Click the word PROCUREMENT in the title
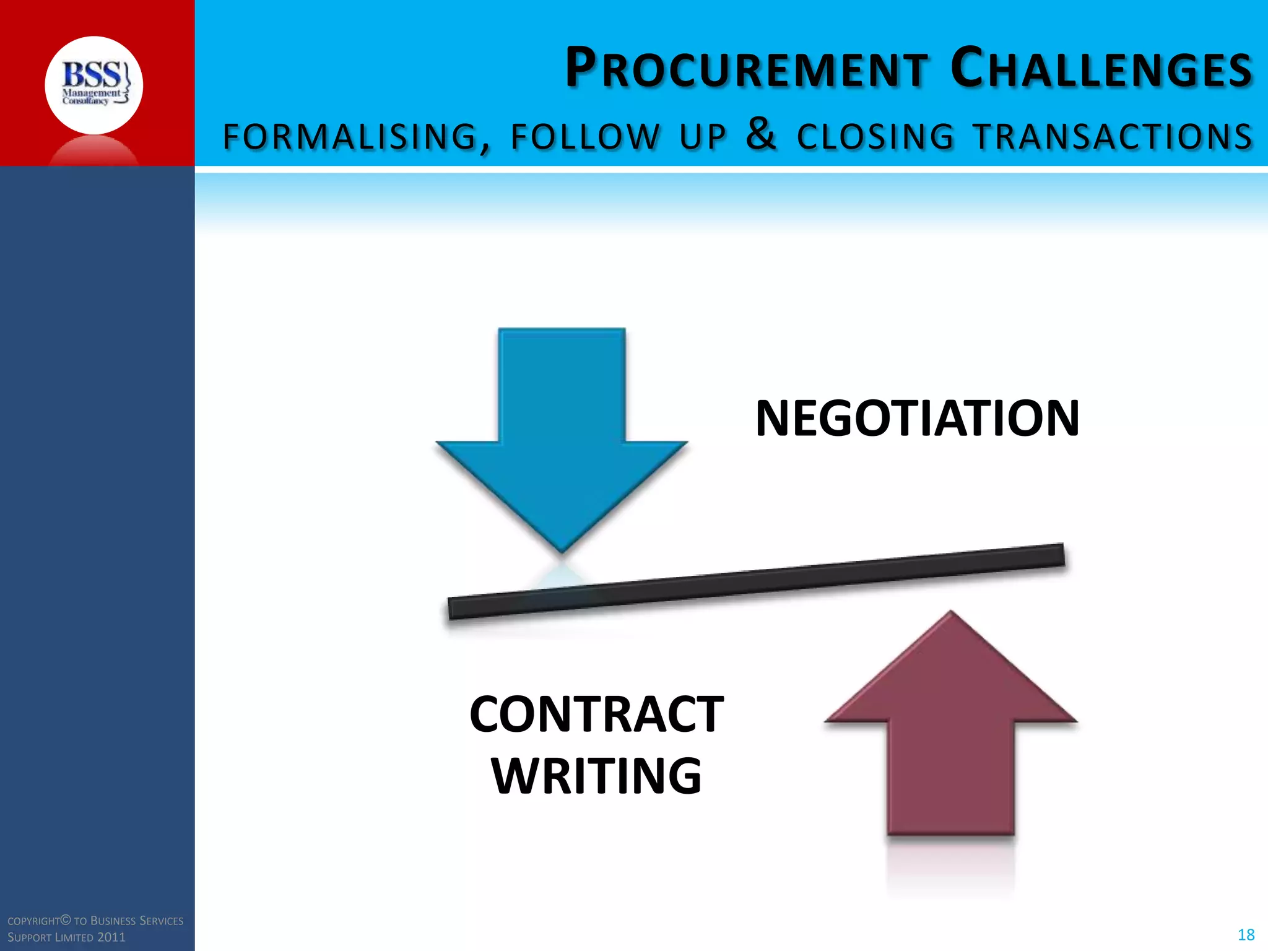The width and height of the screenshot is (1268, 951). (x=747, y=68)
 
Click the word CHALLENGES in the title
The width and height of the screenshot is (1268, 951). (x=1101, y=68)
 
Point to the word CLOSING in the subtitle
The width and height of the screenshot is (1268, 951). (x=875, y=137)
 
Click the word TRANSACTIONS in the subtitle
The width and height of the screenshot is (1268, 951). (x=1113, y=137)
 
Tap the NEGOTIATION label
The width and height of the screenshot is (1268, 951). (x=918, y=419)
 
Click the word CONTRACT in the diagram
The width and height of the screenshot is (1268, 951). (x=596, y=714)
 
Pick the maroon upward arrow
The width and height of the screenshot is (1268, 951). (x=951, y=731)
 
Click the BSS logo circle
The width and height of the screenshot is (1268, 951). (x=94, y=85)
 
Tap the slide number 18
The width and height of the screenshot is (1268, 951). (x=1246, y=935)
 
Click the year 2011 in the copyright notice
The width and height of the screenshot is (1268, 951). (x=111, y=937)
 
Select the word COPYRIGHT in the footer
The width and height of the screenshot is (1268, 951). (x=34, y=921)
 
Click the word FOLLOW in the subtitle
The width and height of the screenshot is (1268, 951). (x=585, y=137)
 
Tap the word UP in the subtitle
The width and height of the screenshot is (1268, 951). (x=703, y=137)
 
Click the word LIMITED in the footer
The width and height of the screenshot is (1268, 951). (x=74, y=937)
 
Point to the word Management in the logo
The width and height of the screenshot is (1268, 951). (x=90, y=93)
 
